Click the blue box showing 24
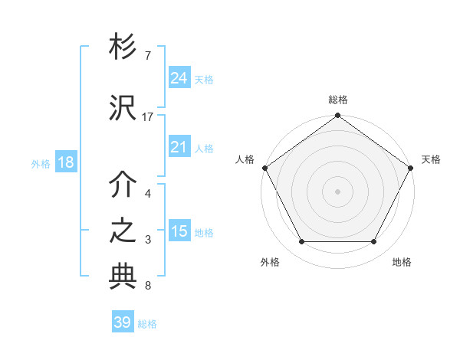(179, 77)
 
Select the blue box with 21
(179, 147)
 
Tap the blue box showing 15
(179, 231)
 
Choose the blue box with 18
(65, 162)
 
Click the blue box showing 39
(123, 322)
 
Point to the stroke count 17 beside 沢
(148, 117)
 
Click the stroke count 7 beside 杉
(148, 56)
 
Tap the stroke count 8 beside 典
(148, 286)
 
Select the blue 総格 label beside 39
(147, 324)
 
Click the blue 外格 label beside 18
(41, 163)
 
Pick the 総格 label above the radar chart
(337, 100)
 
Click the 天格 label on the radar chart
(431, 159)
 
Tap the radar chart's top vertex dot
(337, 116)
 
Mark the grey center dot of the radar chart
(337, 191)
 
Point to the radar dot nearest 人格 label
(265, 168)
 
